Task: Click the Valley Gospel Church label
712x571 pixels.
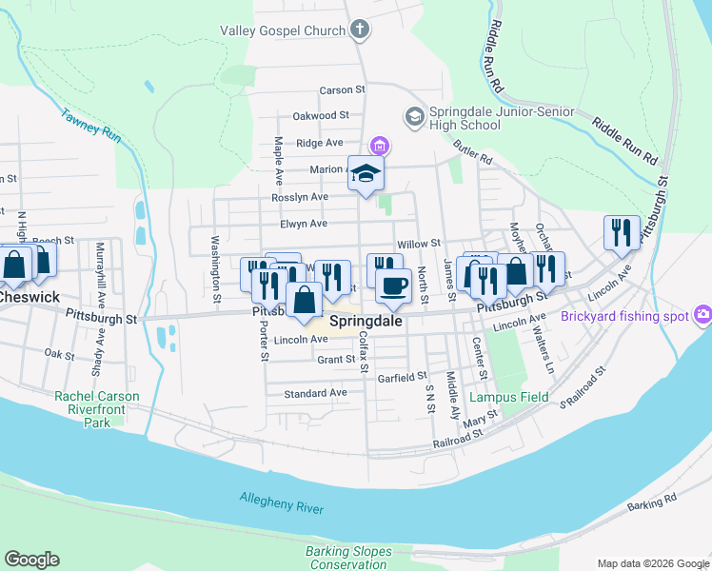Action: point(283,30)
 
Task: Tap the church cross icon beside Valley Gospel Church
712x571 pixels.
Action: point(359,30)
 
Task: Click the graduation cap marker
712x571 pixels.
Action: point(366,173)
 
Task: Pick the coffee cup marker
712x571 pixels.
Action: point(393,285)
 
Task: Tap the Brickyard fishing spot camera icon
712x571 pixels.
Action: point(703,315)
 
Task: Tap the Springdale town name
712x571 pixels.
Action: point(366,322)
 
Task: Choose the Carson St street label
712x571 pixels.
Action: point(343,90)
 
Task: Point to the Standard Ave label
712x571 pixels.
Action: point(315,392)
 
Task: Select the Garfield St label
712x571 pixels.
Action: point(402,377)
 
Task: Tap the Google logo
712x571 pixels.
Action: point(31,560)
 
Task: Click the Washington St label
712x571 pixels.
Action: point(216,269)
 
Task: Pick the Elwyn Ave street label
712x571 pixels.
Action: point(304,225)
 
